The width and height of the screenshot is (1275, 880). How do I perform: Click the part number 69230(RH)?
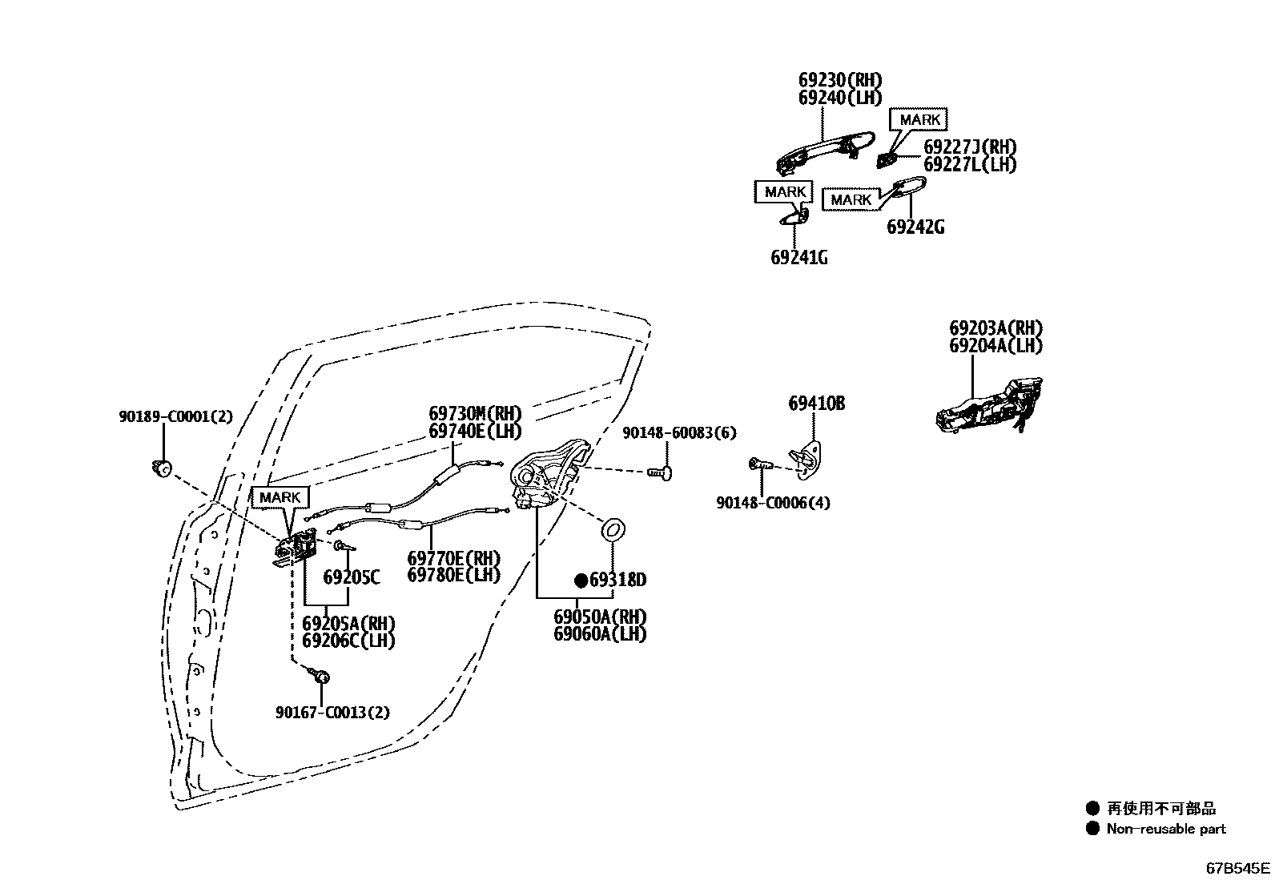(839, 80)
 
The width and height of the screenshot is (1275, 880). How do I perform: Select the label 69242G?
(915, 227)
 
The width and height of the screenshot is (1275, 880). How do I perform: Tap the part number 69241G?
(798, 258)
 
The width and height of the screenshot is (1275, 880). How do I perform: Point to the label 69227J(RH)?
(969, 147)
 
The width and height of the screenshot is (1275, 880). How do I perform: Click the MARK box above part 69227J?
(919, 119)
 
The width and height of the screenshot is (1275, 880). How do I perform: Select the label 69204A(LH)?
(995, 346)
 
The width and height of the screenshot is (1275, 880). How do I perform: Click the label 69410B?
(816, 404)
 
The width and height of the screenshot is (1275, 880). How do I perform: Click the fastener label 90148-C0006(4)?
(772, 503)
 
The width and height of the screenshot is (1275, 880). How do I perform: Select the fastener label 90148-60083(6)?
(678, 433)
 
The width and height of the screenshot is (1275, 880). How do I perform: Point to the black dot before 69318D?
(581, 580)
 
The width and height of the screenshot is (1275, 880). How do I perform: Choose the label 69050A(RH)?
(599, 617)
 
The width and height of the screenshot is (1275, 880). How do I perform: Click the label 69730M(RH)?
(474, 414)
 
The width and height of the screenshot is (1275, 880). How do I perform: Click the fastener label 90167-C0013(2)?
(332, 712)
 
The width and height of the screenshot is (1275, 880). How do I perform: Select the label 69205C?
(351, 577)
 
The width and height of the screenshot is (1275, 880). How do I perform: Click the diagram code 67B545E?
(1238, 867)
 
